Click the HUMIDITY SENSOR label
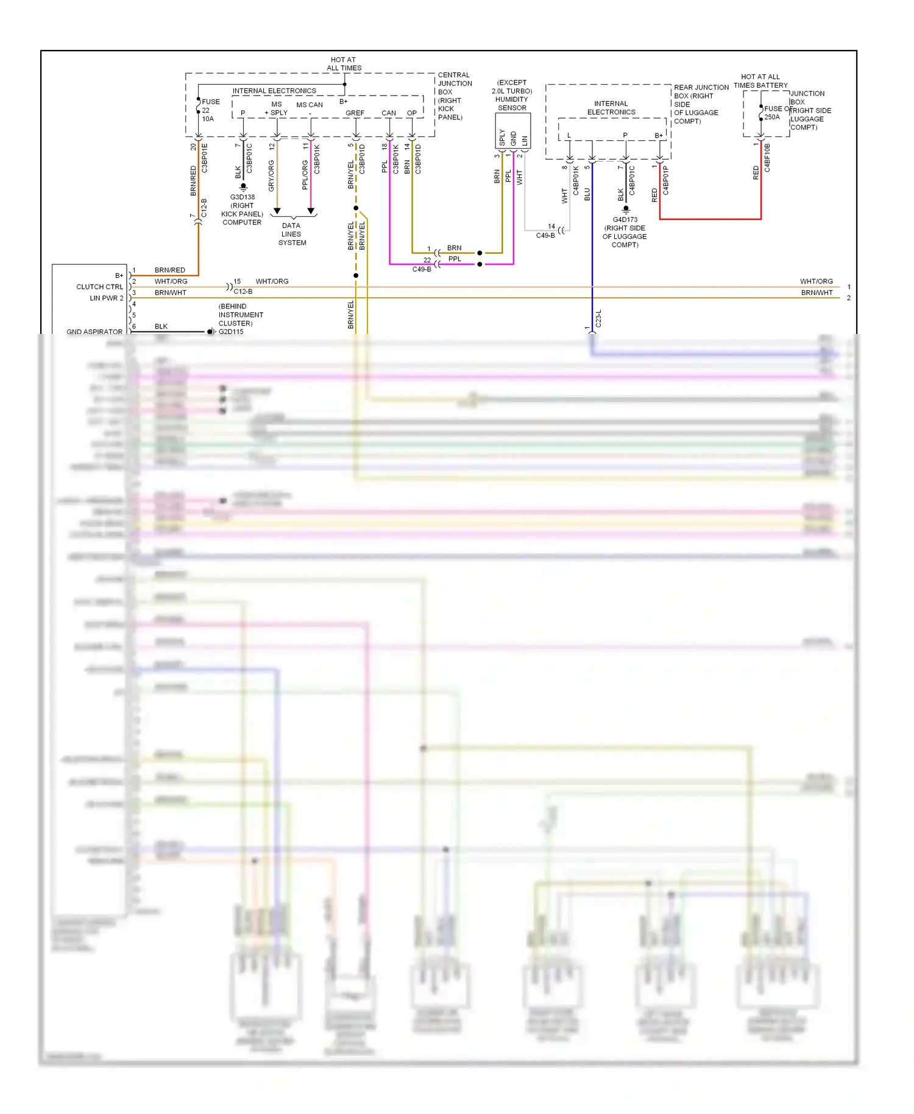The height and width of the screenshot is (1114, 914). [512, 95]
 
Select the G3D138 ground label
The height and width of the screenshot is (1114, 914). [243, 210]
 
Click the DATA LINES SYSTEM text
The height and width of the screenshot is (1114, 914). [292, 234]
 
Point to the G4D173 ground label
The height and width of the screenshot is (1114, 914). [625, 232]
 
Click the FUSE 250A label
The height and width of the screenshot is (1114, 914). [773, 113]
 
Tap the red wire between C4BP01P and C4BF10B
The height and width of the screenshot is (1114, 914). [710, 219]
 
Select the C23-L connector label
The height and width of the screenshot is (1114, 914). [598, 318]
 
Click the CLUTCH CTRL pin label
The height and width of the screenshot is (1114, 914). [99, 287]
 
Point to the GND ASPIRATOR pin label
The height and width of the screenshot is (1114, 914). [94, 332]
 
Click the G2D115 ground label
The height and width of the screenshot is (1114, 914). [231, 332]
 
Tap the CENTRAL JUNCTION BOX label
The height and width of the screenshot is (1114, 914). [455, 96]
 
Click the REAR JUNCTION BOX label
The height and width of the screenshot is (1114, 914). [701, 104]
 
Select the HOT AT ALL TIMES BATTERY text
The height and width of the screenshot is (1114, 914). [760, 81]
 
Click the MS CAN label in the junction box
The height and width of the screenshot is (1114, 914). [310, 105]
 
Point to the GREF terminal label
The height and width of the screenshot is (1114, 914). [355, 113]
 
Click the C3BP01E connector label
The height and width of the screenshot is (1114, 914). [205, 158]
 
